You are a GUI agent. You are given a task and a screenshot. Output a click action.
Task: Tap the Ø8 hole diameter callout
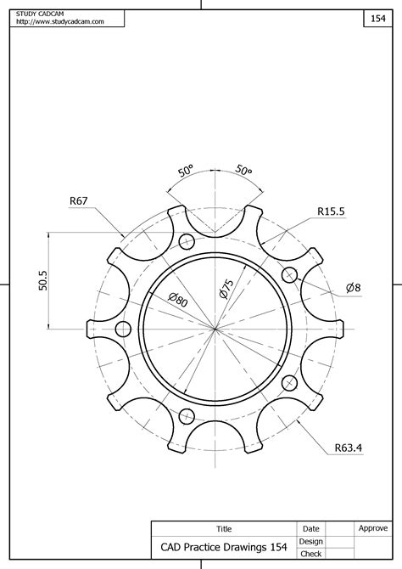(354, 288)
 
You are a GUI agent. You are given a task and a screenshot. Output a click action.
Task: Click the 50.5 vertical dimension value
(42, 281)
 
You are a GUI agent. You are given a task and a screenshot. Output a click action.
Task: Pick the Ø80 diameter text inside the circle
(177, 299)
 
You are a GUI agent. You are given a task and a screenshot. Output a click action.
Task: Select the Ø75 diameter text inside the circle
(226, 287)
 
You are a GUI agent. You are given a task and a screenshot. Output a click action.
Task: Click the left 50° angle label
(187, 171)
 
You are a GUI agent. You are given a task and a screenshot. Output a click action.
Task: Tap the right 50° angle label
(243, 171)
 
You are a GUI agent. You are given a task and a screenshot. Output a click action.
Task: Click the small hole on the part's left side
(123, 329)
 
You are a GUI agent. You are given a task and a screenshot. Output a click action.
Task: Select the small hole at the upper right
(289, 273)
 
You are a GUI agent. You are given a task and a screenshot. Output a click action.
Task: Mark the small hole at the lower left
(187, 415)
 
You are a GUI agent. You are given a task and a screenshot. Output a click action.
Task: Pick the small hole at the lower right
(288, 382)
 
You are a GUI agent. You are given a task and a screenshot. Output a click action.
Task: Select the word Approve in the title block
(373, 528)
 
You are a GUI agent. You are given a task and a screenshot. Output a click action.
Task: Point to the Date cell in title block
(310, 529)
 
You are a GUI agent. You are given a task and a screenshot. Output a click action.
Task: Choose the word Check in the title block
(310, 554)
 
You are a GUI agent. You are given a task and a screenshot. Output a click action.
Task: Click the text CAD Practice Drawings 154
(218, 547)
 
